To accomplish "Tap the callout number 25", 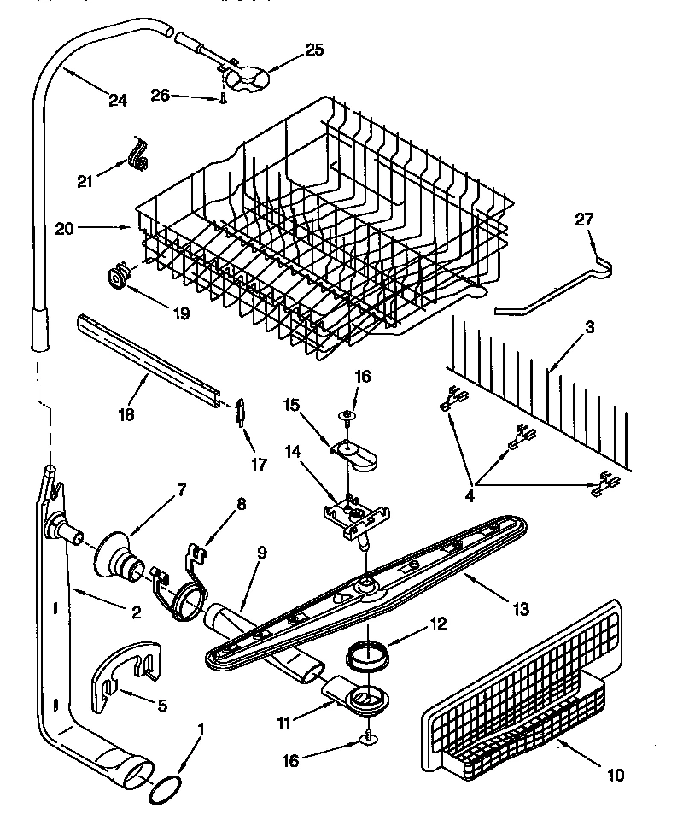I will [x=314, y=50].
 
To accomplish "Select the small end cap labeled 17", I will [x=242, y=412].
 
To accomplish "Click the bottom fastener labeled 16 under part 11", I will [x=367, y=735].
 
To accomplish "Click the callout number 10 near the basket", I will [x=616, y=776].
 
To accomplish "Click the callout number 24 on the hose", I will [x=118, y=100].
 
